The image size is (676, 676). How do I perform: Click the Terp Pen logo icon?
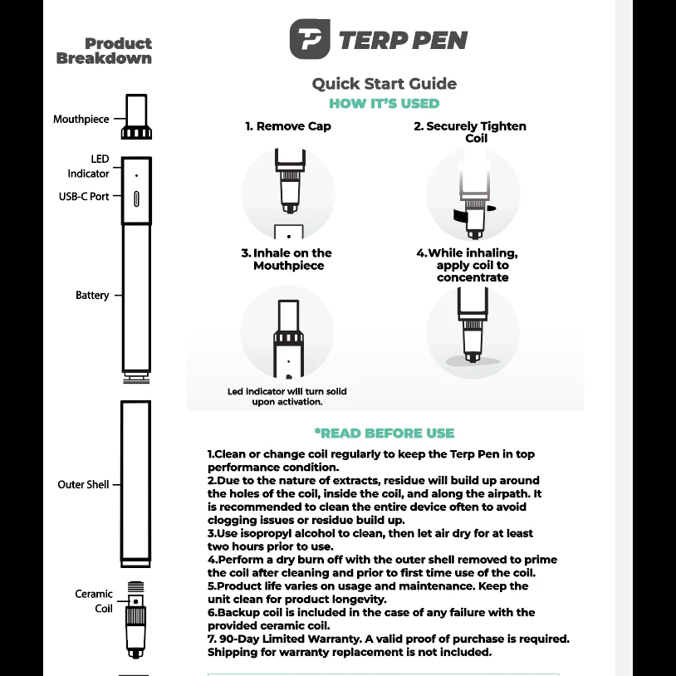pos(311,40)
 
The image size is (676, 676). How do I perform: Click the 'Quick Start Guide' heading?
pos(384,83)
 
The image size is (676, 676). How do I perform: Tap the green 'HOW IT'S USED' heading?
pos(384,104)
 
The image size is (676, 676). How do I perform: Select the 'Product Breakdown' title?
pos(105,51)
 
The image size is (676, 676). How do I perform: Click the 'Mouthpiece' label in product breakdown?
pos(81,119)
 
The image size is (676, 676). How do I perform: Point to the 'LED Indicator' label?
pos(90,166)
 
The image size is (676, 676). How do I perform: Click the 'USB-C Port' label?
pos(83,197)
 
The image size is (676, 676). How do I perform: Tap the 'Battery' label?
pos(92,296)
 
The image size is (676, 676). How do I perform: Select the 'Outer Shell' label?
pos(83,484)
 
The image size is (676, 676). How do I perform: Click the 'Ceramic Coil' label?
pos(95,600)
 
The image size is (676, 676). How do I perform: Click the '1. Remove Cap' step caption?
pos(287,126)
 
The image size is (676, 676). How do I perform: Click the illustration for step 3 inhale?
pos(287,332)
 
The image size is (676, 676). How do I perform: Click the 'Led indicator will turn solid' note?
pos(287,396)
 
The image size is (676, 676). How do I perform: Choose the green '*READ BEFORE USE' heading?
pos(384,433)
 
